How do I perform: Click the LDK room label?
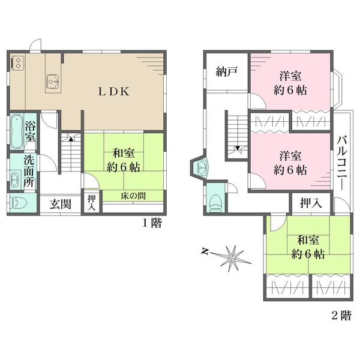[114, 92]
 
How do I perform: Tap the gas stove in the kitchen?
[17, 62]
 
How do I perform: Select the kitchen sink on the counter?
[53, 82]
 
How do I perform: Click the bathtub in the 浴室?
[17, 132]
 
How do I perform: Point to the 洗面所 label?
[29, 171]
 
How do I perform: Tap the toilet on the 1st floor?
[19, 203]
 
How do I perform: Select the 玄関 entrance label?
[61, 204]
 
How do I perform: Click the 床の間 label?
[133, 196]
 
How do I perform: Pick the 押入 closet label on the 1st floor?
[92, 203]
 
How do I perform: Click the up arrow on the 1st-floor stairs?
[71, 139]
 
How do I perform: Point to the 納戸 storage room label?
[226, 72]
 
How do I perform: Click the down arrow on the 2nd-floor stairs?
[238, 148]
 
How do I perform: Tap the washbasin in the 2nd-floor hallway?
[202, 167]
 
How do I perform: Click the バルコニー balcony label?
[341, 163]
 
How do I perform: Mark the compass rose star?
[232, 257]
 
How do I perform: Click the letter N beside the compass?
[205, 251]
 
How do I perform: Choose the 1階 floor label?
[152, 223]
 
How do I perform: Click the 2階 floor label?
[341, 315]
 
